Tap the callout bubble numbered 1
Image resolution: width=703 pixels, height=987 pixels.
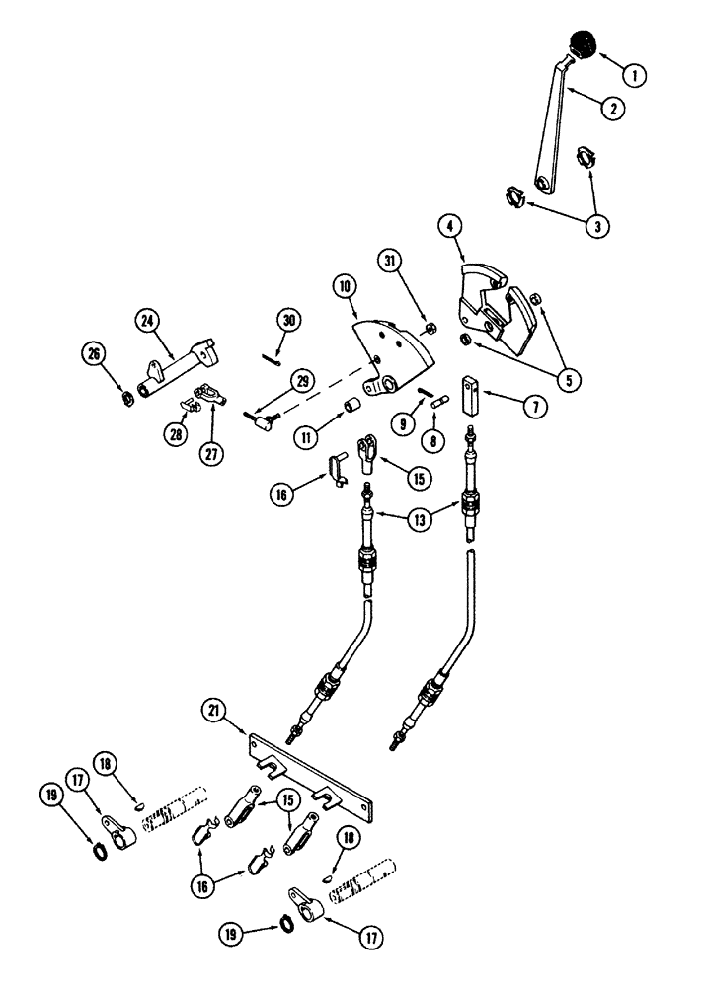637,72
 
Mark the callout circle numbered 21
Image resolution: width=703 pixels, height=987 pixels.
215,709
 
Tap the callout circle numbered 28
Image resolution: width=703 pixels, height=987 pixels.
176,433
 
